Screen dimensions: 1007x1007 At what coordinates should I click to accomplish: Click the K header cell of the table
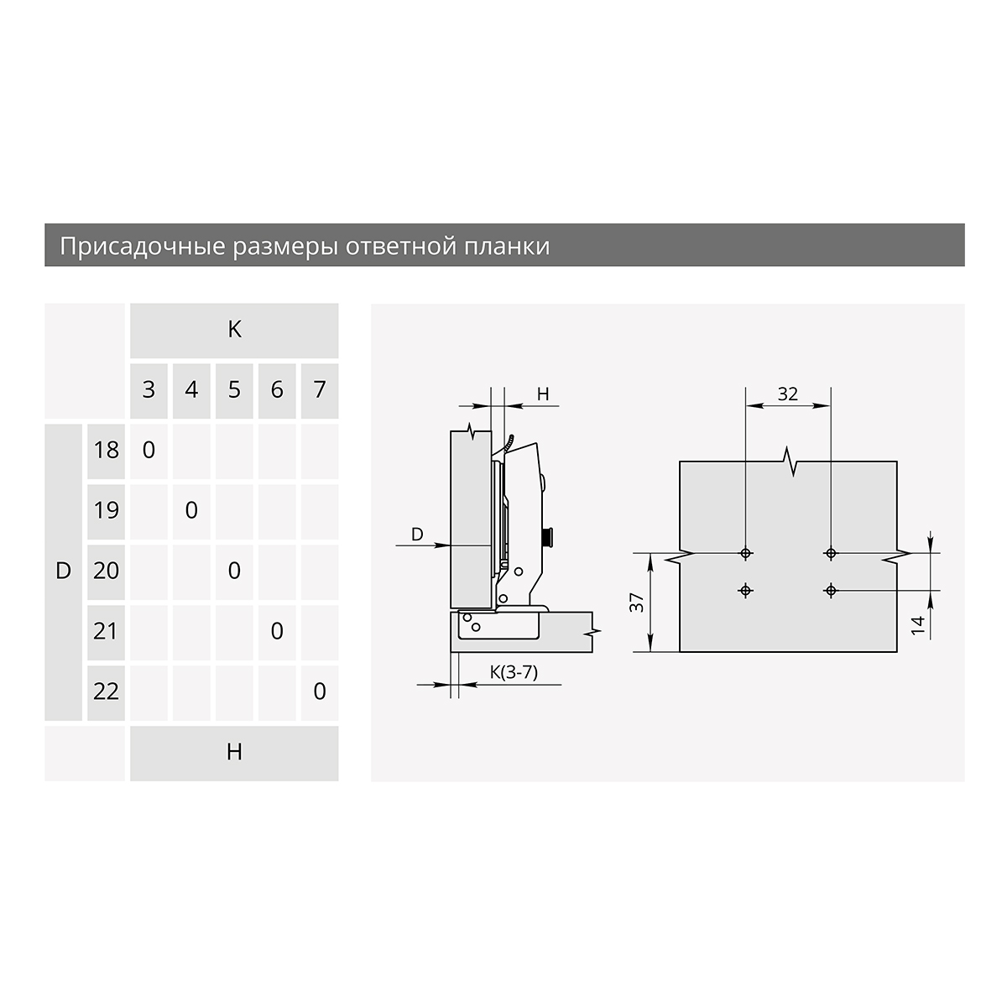234,331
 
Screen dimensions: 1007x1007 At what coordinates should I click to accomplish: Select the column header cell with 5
234,390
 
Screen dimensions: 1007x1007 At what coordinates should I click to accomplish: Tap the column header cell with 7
319,390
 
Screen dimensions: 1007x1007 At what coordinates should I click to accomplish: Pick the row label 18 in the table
106,451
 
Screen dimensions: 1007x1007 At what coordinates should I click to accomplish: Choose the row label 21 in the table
106,633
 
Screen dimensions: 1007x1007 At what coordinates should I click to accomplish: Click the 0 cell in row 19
191,512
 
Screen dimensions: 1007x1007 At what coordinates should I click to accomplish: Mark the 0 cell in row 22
319,693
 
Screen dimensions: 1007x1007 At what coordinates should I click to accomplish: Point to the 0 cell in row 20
234,571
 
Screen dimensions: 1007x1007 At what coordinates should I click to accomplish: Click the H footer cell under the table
234,754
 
